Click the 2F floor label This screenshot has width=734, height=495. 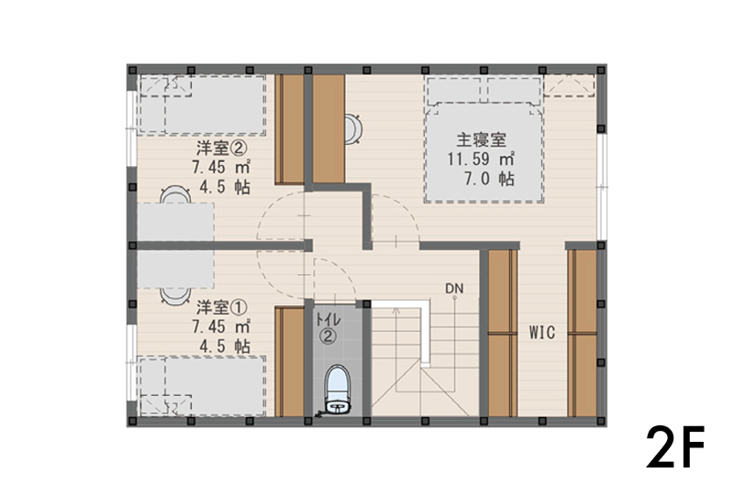[675, 447]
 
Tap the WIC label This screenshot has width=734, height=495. [542, 333]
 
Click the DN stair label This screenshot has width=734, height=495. [454, 288]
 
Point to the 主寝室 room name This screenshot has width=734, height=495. [481, 139]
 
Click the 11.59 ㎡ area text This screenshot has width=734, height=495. [481, 159]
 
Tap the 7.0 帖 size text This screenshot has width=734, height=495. [489, 179]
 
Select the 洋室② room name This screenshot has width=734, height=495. [221, 148]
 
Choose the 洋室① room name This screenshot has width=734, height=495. [221, 307]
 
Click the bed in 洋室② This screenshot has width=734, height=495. [202, 104]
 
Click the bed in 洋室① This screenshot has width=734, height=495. [202, 387]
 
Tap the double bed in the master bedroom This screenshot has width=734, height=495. [484, 139]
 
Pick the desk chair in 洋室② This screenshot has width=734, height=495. [174, 194]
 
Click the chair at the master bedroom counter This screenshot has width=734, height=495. [353, 128]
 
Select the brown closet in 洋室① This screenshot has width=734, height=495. [290, 362]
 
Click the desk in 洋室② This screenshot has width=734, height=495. [175, 222]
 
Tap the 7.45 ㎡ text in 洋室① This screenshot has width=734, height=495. [221, 326]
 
